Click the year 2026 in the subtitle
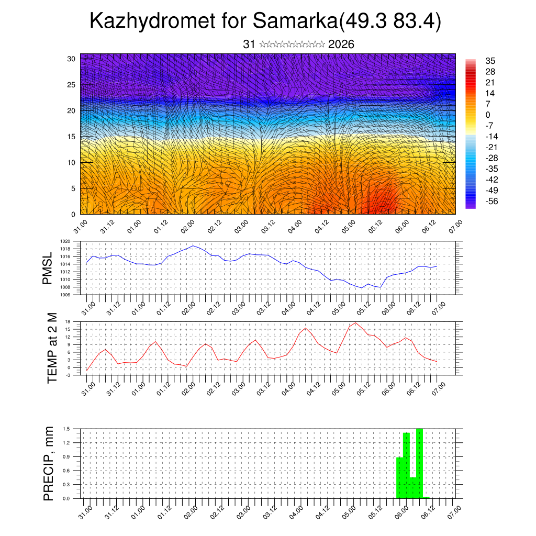(341, 44)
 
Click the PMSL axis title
(48, 269)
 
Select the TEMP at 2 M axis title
(52, 348)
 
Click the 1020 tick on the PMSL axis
(65, 241)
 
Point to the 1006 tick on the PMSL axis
(65, 295)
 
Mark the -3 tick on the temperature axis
(68, 375)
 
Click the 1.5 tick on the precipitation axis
(66, 429)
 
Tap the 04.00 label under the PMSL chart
(288, 306)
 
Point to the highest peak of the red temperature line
(356, 323)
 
